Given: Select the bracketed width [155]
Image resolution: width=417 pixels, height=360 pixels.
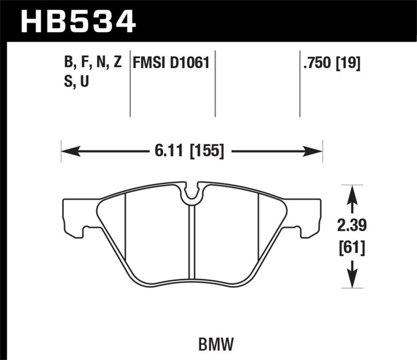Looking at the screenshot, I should [207, 152].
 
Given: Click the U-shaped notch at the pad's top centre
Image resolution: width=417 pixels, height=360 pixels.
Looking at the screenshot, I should [192, 192].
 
